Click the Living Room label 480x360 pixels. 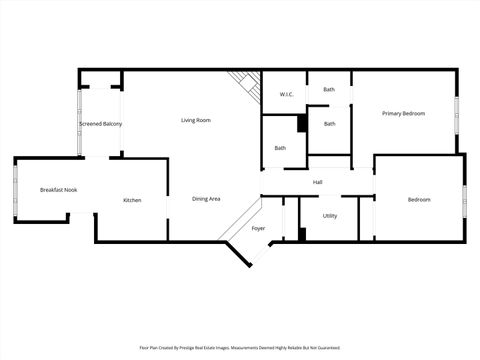[195, 120]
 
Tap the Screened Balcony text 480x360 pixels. [100, 123]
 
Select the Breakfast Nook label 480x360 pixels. [58, 189]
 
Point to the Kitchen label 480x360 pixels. [132, 200]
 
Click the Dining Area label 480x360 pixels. [206, 199]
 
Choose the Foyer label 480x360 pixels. [258, 228]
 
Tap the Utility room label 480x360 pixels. [330, 216]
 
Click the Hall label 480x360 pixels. [317, 182]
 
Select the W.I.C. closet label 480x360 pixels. [285, 95]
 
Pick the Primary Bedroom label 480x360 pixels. [404, 113]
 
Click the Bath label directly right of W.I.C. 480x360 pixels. [329, 90]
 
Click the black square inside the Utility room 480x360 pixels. [302, 234]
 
